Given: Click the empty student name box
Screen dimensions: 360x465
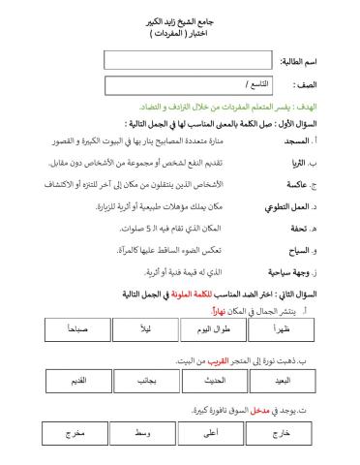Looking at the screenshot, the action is (189, 60).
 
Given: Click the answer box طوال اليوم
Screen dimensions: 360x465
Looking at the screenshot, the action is (214, 330).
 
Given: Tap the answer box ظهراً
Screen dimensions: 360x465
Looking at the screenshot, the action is (282, 330).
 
